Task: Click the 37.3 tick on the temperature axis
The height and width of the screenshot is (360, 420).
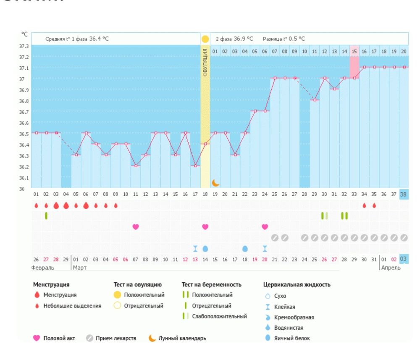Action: pyautogui.click(x=24, y=46)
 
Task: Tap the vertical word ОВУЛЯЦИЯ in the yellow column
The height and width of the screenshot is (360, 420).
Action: pyautogui.click(x=205, y=62)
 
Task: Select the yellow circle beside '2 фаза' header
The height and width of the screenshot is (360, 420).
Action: pyautogui.click(x=205, y=39)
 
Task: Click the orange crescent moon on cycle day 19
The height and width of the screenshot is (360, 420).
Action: pyautogui.click(x=215, y=183)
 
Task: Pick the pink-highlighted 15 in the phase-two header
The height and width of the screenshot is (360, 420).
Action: pyautogui.click(x=354, y=51)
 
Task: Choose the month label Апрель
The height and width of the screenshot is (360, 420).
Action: pyautogui.click(x=391, y=267)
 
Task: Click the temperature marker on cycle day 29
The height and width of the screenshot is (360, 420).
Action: pyautogui.click(x=315, y=100)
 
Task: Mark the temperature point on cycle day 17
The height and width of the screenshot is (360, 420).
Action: pyautogui.click(x=195, y=166)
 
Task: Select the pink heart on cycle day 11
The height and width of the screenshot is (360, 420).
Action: pyautogui.click(x=136, y=227)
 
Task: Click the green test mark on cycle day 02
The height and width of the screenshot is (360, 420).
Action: pyautogui.click(x=46, y=215)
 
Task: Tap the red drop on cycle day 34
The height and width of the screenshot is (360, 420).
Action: pyautogui.click(x=364, y=205)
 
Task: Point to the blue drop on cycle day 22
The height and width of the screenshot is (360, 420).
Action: pyautogui.click(x=245, y=249)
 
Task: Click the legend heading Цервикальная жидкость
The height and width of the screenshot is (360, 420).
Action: pyautogui.click(x=297, y=284)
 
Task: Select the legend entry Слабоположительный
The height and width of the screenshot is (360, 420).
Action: pyautogui.click(x=219, y=316)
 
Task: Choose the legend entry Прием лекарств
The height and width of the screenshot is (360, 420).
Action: pyautogui.click(x=115, y=338)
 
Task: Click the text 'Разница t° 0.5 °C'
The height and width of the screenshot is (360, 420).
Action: pyautogui.click(x=284, y=39)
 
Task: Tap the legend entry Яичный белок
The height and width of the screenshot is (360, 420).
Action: pyautogui.click(x=292, y=338)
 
